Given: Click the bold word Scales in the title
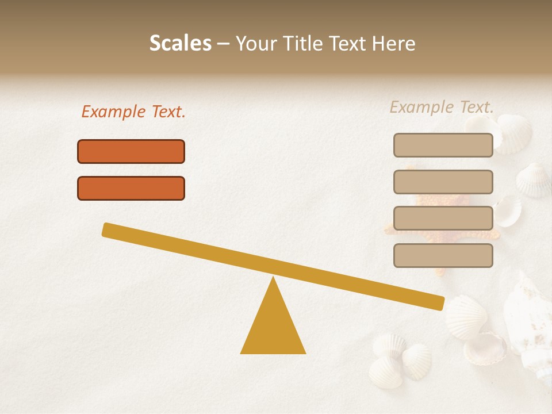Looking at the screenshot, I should tap(180, 44).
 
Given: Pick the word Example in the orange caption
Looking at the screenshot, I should tap(113, 112).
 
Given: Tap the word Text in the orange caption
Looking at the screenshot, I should tap(167, 112).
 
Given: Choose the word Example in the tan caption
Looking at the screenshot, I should tap(421, 107).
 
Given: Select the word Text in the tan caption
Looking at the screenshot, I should tap(476, 107).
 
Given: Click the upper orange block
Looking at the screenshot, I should tap(131, 151).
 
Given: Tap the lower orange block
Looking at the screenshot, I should tap(131, 188).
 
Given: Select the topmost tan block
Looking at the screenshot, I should tap(443, 145).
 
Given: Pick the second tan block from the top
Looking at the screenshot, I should tap(443, 182).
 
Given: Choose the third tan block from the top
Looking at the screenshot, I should tap(443, 218).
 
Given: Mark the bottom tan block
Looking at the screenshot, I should tap(443, 255).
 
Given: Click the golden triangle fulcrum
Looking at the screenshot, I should tap(273, 328).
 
